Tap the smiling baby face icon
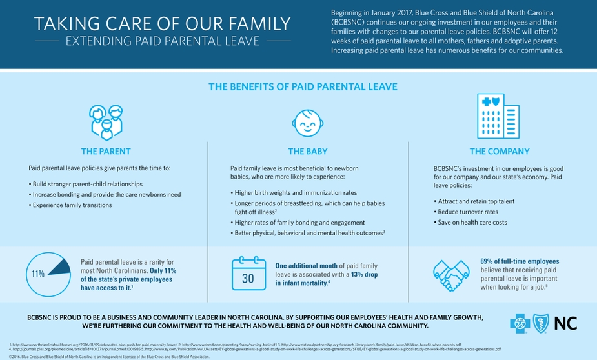(307, 121)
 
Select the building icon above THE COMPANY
(498, 116)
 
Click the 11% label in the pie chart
(38, 273)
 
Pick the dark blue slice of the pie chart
(59, 266)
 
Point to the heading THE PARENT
(105, 152)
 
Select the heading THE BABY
(307, 152)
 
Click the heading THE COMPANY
(499, 152)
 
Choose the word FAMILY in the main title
(258, 24)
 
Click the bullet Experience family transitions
(72, 205)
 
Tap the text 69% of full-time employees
(520, 261)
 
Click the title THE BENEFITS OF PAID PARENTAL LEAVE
(303, 86)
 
